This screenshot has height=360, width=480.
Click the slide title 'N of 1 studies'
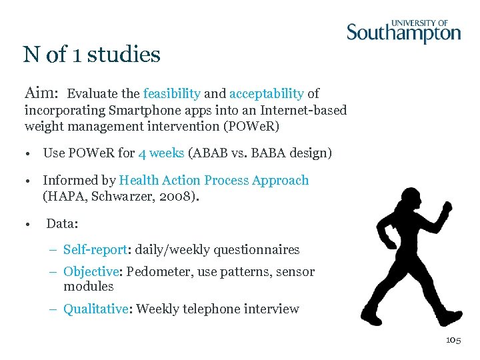tap(92, 54)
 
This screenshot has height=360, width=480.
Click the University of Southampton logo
tap(403, 31)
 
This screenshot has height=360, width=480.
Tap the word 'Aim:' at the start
tap(42, 93)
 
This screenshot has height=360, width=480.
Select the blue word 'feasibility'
tap(171, 94)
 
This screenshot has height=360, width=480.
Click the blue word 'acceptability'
tap(266, 94)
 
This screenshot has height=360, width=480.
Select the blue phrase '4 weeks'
tap(161, 153)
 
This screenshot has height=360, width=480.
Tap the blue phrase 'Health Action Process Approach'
tap(213, 181)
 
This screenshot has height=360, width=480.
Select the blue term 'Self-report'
tap(95, 250)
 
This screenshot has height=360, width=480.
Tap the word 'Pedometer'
tap(156, 272)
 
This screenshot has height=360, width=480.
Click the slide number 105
tap(453, 340)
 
